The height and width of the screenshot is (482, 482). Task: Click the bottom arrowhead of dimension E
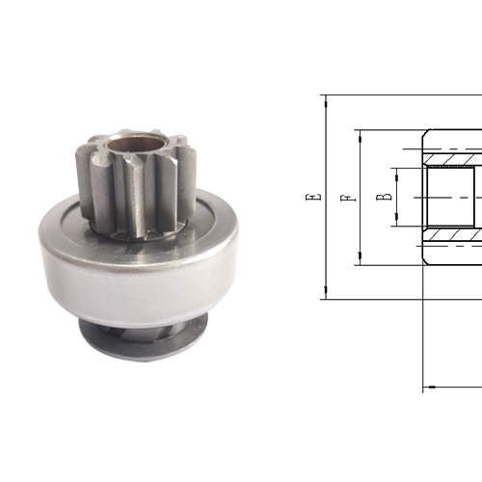tap(326, 293)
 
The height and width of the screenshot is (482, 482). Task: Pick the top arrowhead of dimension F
tap(360, 134)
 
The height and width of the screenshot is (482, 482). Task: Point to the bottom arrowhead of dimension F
tap(360, 259)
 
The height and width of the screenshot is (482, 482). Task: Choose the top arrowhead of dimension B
tap(394, 169)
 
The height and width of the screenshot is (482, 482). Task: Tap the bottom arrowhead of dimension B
tap(394, 225)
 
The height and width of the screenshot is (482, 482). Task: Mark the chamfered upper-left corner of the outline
tap(425, 132)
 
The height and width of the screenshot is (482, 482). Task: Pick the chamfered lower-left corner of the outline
tap(425, 261)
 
